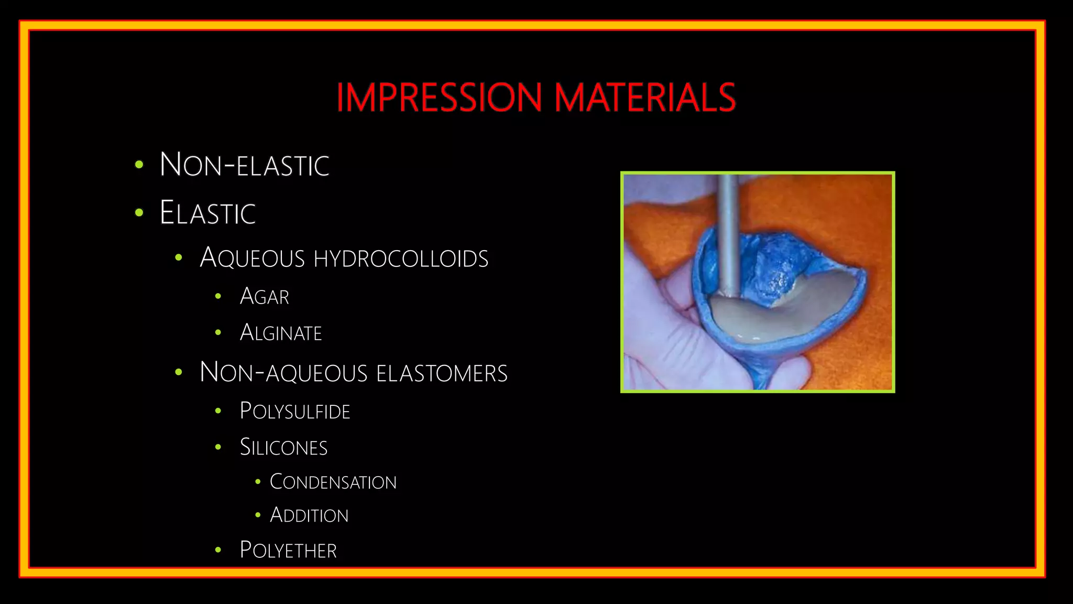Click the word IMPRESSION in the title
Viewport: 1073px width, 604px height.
tap(439, 98)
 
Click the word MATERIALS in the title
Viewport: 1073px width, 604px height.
tap(645, 98)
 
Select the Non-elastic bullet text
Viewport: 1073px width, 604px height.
tap(244, 165)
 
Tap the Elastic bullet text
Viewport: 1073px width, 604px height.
tap(207, 213)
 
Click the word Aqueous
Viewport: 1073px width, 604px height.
tap(252, 258)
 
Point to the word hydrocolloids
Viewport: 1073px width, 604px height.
tap(401, 258)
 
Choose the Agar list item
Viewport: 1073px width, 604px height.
tap(264, 297)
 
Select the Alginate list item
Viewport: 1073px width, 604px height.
tap(281, 333)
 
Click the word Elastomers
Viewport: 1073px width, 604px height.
tap(442, 373)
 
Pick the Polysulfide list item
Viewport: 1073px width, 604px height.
tap(295, 411)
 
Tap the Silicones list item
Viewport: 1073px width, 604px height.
tap(283, 447)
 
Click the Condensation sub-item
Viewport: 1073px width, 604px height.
tap(333, 482)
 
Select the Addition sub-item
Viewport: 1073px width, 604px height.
tap(309, 515)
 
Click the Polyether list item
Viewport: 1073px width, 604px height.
tap(288, 550)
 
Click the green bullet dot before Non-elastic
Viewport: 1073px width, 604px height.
tap(139, 165)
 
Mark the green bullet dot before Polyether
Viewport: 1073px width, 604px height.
tap(218, 550)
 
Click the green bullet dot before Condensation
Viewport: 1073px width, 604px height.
tap(258, 481)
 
